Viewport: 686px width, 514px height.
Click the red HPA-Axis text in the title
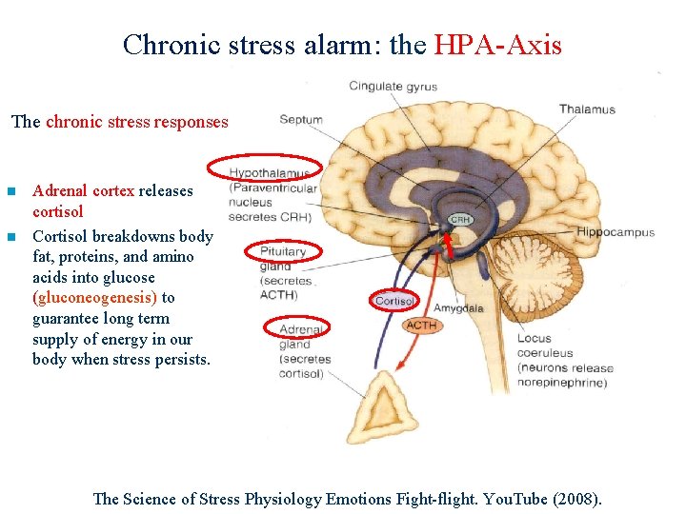pos(497,44)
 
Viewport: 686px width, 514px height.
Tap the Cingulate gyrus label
pos(393,87)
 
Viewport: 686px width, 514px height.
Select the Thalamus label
pos(587,109)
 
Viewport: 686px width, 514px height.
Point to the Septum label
pos(301,120)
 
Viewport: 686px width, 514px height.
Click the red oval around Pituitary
pos(284,251)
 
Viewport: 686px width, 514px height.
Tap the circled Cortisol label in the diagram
pos(394,301)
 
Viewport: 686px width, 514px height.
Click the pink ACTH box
pos(421,326)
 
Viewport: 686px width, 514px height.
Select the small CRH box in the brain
pos(461,220)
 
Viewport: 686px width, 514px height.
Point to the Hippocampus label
pos(615,232)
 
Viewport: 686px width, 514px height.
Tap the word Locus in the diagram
pos(535,338)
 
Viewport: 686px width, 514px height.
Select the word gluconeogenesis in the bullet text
pos(94,298)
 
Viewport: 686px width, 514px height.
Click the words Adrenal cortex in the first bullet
pos(83,190)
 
